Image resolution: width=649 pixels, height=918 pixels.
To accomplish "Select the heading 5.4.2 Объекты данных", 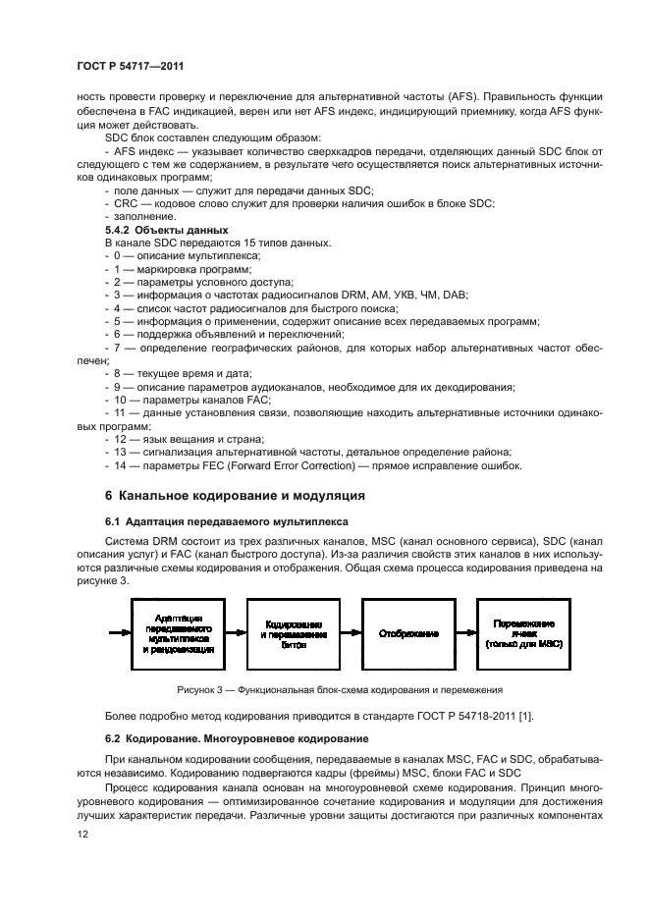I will (159, 230).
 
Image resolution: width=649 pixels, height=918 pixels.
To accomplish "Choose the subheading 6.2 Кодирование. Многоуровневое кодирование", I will (236, 737).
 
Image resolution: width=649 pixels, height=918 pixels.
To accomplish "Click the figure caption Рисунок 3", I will (340, 689).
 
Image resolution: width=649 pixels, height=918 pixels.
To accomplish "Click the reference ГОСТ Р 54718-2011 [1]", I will (512, 714).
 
